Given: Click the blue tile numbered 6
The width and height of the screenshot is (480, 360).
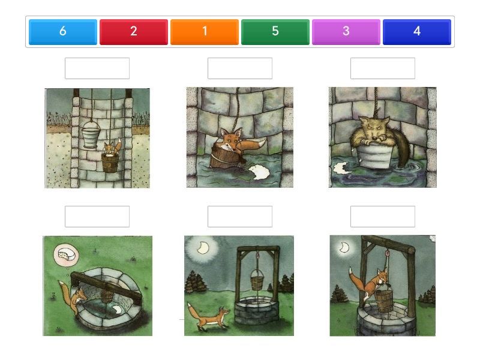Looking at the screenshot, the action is [x=63, y=32].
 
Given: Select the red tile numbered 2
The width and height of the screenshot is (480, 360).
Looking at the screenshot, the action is [x=133, y=32].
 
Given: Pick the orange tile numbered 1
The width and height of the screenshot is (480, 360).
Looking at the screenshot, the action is [x=205, y=32].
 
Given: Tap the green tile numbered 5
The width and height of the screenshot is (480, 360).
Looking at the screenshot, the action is [x=275, y=32].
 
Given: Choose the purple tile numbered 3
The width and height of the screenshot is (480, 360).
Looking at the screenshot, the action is [x=346, y=32].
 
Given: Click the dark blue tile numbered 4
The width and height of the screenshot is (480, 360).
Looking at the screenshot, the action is [x=416, y=32].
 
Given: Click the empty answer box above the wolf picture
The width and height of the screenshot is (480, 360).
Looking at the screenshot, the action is [x=383, y=68].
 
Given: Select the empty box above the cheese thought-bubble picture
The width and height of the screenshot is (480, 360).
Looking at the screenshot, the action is [x=97, y=217].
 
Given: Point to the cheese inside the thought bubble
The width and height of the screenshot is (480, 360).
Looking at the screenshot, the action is [x=67, y=254].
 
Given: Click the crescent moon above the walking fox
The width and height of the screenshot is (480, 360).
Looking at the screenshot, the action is [x=203, y=247].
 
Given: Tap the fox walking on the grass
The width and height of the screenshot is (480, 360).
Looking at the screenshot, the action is [x=208, y=317].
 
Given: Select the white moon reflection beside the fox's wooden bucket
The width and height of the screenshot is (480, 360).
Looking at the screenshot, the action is [x=260, y=172].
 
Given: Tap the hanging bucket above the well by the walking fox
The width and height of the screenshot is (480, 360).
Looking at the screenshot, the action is [x=257, y=280].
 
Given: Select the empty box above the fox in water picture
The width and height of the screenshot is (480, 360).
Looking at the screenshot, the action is [x=240, y=68].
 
